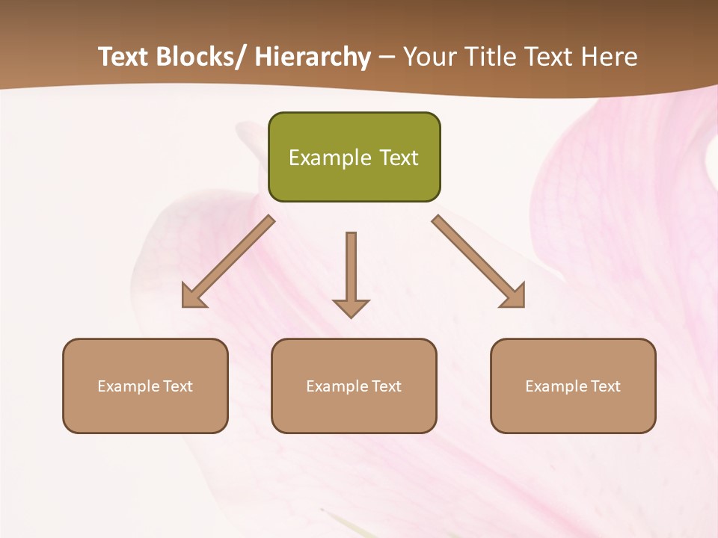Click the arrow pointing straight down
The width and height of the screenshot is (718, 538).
pyautogui.click(x=351, y=273)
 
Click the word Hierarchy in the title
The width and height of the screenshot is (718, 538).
pyautogui.click(x=313, y=57)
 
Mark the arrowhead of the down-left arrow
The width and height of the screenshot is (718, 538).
pyautogui.click(x=192, y=297)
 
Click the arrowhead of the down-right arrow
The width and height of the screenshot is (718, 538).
pyautogui.click(x=515, y=297)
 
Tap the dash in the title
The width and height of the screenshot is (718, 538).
pyautogui.click(x=387, y=58)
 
